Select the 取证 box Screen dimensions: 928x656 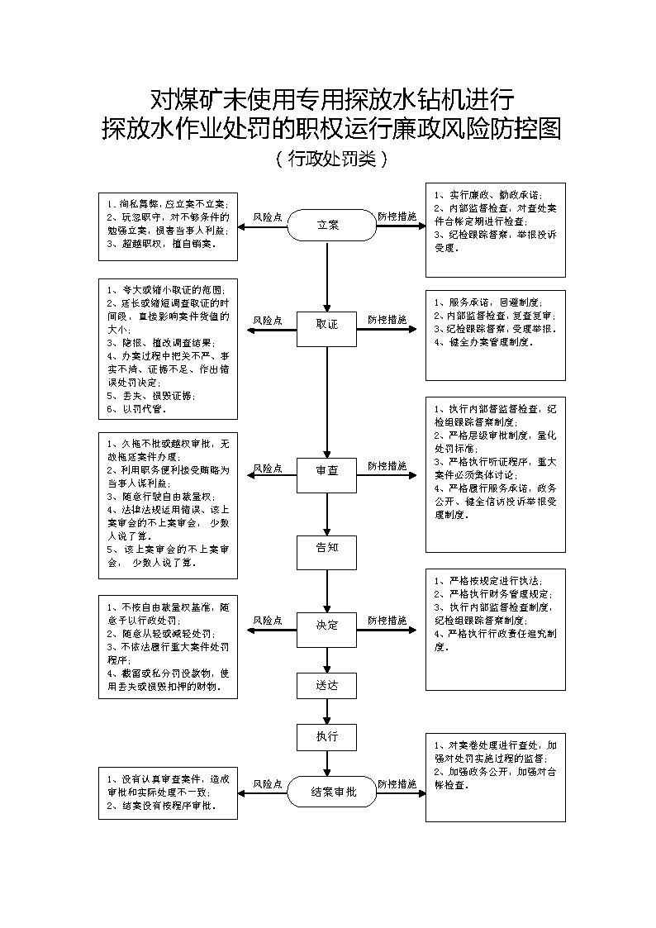coord(327,325)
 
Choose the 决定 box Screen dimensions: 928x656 coord(327,626)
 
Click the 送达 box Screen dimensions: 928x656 coord(327,685)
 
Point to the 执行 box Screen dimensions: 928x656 coord(327,737)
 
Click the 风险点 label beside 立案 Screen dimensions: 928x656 coord(268,217)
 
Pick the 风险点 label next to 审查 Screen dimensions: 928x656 coord(268,469)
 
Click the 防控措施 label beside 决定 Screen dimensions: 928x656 coord(387,620)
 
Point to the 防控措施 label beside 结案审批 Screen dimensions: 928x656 coord(397,783)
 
